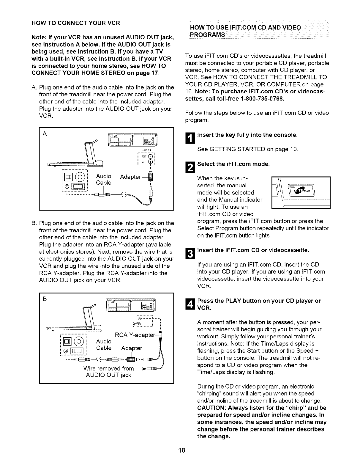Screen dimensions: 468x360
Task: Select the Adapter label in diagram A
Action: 130,177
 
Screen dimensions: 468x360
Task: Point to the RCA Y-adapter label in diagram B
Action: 135,335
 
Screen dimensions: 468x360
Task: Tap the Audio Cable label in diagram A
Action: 104,180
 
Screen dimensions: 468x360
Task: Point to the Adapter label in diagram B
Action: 132,348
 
